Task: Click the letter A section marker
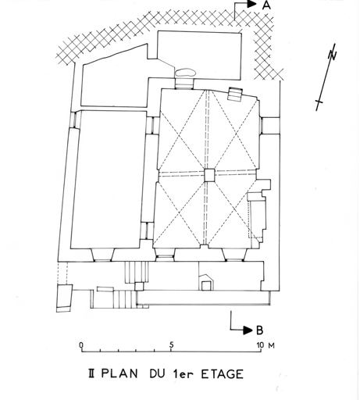click(x=266, y=5)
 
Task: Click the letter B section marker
click(x=259, y=330)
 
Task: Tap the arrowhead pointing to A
click(x=251, y=4)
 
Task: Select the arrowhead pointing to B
click(x=248, y=330)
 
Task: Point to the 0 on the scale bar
click(x=81, y=345)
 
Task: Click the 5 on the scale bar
click(x=171, y=345)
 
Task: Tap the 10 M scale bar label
click(x=266, y=345)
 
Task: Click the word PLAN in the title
click(x=119, y=373)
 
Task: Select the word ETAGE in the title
click(x=223, y=374)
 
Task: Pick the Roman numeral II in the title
click(x=91, y=373)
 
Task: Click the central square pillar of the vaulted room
click(x=209, y=175)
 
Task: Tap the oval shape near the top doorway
click(x=185, y=73)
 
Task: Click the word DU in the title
click(x=157, y=373)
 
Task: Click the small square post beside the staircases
click(x=139, y=287)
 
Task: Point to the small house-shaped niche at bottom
click(x=206, y=282)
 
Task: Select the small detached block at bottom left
click(x=64, y=298)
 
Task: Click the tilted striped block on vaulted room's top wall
click(x=235, y=94)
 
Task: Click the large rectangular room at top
click(x=199, y=55)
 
